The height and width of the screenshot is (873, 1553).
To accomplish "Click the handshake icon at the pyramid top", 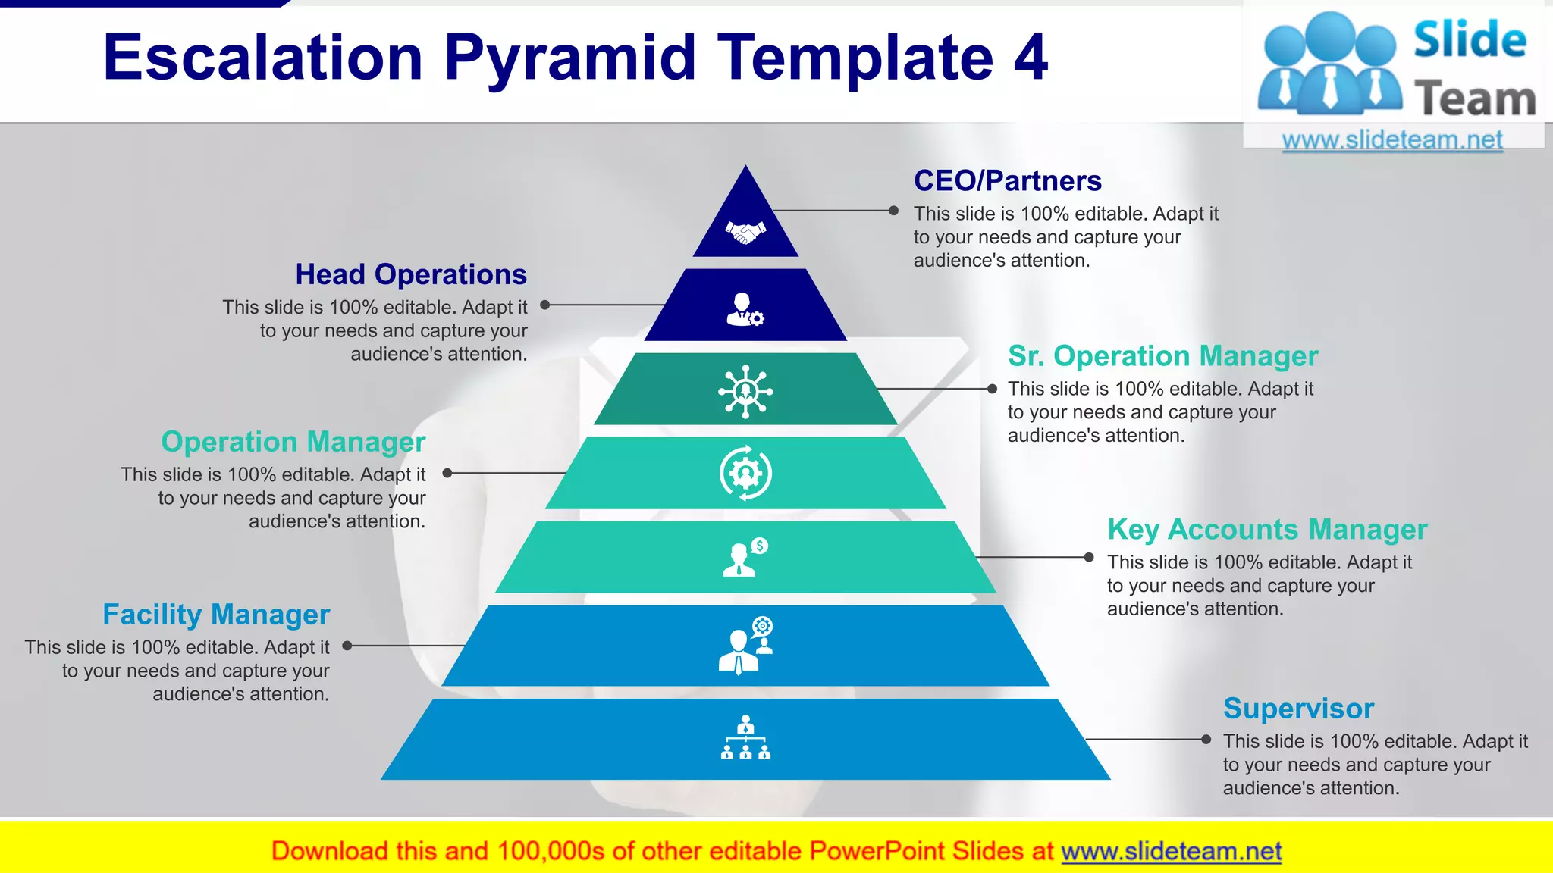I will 745,231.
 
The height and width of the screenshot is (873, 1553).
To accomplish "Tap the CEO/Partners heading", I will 1007,181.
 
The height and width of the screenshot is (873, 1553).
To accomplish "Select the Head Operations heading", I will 410,274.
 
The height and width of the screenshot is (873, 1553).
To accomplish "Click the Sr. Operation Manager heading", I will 1162,356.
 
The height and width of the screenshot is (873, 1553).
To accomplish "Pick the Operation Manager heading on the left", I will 293,442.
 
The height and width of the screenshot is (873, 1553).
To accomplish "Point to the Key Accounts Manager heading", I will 1266,530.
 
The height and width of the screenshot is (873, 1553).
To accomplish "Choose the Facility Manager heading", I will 216,615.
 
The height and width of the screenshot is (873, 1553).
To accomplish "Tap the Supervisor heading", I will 1297,709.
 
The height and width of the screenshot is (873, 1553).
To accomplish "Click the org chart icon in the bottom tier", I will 745,737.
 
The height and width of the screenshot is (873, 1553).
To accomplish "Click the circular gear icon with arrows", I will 745,473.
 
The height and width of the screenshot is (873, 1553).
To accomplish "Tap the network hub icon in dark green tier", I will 745,391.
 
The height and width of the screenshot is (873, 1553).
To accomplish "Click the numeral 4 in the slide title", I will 1031,58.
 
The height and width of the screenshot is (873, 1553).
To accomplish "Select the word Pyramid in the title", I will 569,59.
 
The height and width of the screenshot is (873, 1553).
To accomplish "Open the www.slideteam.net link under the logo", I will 1391,140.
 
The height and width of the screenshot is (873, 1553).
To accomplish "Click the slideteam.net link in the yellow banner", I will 1171,851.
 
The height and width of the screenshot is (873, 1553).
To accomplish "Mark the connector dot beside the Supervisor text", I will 1206,739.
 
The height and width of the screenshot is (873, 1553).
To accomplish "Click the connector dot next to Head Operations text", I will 544,305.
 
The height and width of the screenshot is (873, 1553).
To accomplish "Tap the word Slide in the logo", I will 1469,40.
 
